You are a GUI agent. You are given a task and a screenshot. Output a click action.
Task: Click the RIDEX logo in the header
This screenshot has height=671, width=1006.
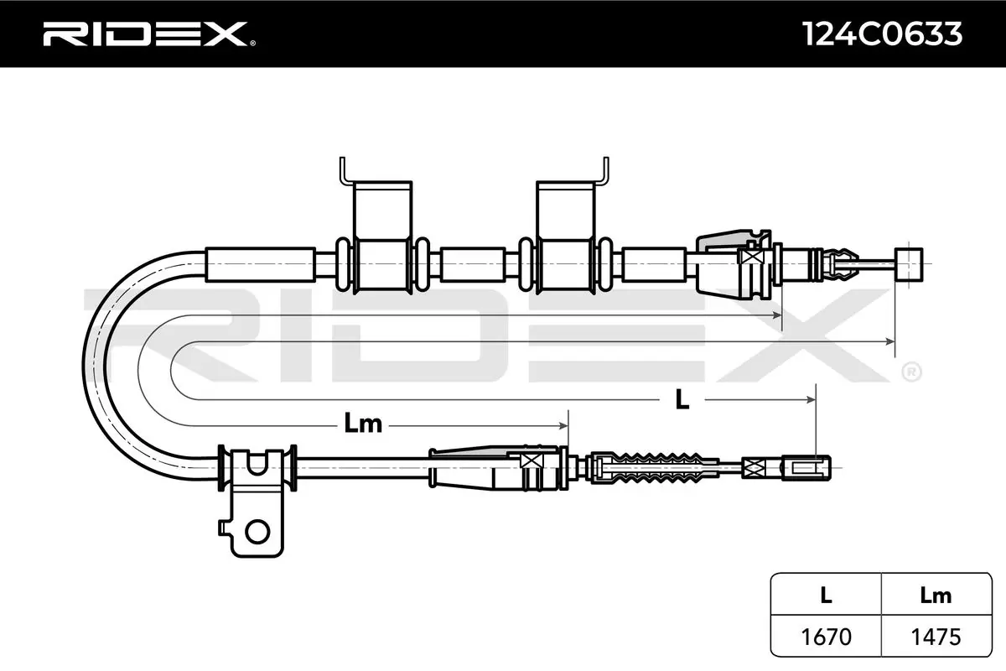pyautogui.click(x=148, y=34)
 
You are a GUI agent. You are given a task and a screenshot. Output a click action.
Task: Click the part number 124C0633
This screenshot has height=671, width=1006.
pyautogui.click(x=882, y=34)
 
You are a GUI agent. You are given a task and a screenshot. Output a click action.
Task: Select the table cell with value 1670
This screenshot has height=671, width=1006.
pyautogui.click(x=826, y=637)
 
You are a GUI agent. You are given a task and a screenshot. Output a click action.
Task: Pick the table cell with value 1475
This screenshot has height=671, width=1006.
pyautogui.click(x=936, y=637)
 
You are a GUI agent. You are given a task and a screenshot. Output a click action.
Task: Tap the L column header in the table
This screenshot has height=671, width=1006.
pyautogui.click(x=826, y=595)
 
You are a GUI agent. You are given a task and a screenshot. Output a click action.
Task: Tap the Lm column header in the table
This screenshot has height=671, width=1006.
pyautogui.click(x=936, y=595)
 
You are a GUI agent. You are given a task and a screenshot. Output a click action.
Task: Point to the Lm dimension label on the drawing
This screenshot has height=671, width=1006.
pyautogui.click(x=363, y=424)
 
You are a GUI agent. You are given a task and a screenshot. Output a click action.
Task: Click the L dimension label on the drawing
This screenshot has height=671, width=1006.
pyautogui.click(x=682, y=399)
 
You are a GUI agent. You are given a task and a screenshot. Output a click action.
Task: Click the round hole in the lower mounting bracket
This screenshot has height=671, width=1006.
pyautogui.click(x=257, y=532)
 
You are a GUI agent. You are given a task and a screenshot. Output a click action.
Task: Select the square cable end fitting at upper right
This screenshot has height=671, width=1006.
pyautogui.click(x=909, y=264)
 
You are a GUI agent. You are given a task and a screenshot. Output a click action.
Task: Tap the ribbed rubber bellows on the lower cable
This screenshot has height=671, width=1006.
pyautogui.click(x=654, y=468)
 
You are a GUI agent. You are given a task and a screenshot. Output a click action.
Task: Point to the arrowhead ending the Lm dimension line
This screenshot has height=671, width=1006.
pyautogui.click(x=563, y=425)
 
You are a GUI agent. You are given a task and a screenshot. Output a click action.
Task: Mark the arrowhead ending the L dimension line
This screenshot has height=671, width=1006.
pyautogui.click(x=812, y=399)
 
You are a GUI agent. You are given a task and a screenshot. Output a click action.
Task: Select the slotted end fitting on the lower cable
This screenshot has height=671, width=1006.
pyautogui.click(x=806, y=468)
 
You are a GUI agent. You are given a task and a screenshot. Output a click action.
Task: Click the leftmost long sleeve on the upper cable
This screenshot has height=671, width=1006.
pyautogui.click(x=261, y=265)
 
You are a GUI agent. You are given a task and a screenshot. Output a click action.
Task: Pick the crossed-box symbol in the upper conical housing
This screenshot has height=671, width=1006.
pyautogui.click(x=749, y=257)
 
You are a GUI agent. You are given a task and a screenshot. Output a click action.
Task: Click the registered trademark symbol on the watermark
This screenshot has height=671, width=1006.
pyautogui.click(x=911, y=372)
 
